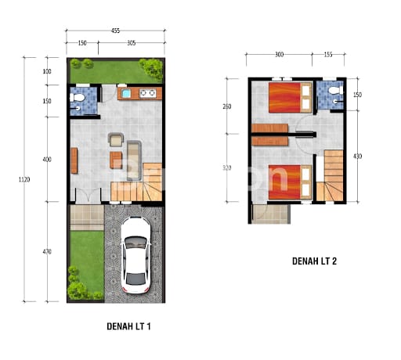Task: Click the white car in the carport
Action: pyautogui.click(x=135, y=255)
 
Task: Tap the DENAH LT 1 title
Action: pyautogui.click(x=128, y=326)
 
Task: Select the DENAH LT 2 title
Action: pyautogui.click(x=314, y=261)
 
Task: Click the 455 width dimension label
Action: pyautogui.click(x=115, y=31)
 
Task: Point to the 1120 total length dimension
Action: pyautogui.click(x=24, y=179)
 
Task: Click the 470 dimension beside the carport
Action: pyautogui.click(x=47, y=252)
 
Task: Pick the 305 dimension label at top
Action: pyautogui.click(x=132, y=43)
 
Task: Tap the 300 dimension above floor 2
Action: pyautogui.click(x=279, y=55)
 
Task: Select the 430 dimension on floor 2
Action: pyautogui.click(x=357, y=157)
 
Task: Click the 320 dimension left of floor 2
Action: pyautogui.click(x=227, y=168)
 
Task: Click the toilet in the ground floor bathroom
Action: pyautogui.click(x=78, y=98)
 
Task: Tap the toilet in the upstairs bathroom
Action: pyautogui.click(x=336, y=90)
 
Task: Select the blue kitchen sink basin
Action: pyautogui.click(x=126, y=93)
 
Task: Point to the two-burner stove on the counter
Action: pyautogui.click(x=148, y=93)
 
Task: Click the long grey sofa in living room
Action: pyautogui.click(x=134, y=160)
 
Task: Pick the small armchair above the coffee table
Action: pyautogui.click(x=116, y=139)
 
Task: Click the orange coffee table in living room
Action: pyautogui.click(x=116, y=160)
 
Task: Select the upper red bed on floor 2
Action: pyautogui.click(x=291, y=97)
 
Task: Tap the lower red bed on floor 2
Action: pyautogui.click(x=291, y=182)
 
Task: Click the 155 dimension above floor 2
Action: pyautogui.click(x=328, y=55)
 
